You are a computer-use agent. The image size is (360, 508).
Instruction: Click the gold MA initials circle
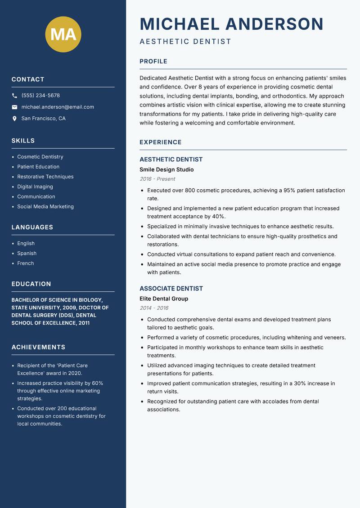[63, 34]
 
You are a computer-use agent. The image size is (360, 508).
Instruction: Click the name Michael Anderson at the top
[231, 24]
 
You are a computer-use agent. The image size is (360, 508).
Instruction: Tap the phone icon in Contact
[14, 96]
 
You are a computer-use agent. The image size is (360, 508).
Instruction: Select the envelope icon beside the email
[14, 107]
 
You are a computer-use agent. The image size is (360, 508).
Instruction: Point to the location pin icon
[14, 119]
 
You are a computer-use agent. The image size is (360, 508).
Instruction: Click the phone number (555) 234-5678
[40, 96]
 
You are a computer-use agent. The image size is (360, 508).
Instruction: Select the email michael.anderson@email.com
[58, 107]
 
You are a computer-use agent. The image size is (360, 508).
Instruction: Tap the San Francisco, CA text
[43, 119]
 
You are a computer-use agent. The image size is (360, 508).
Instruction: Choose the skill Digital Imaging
[35, 187]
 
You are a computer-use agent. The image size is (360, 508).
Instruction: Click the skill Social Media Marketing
[45, 207]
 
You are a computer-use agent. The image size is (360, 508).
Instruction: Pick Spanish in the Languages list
[27, 254]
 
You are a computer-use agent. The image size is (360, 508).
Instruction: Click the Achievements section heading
[38, 347]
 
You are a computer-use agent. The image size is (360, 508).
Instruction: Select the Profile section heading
[153, 62]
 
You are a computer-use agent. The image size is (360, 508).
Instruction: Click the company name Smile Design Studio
[166, 169]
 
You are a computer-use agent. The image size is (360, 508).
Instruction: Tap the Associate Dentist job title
[171, 289]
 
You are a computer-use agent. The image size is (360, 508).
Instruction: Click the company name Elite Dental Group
[164, 299]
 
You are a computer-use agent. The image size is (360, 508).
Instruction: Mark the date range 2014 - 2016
[154, 308]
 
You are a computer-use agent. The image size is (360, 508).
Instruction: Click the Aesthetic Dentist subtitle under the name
[185, 42]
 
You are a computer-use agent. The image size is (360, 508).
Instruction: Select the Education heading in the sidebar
[31, 284]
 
